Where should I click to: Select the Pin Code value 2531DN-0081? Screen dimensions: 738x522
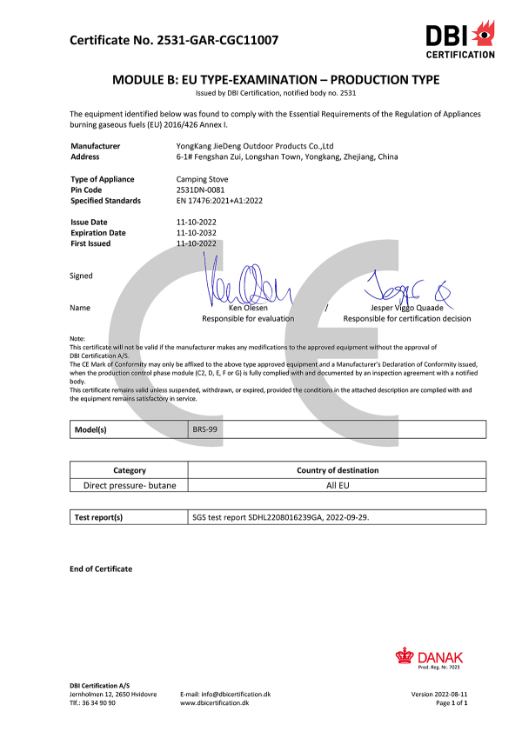(x=200, y=189)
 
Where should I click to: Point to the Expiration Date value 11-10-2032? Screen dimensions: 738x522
(x=196, y=233)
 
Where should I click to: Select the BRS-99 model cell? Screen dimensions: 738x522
(x=204, y=429)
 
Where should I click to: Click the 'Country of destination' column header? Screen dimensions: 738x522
(x=338, y=470)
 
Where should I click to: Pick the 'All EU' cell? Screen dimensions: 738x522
(x=338, y=484)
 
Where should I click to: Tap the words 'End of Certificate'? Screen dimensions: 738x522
(x=101, y=568)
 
